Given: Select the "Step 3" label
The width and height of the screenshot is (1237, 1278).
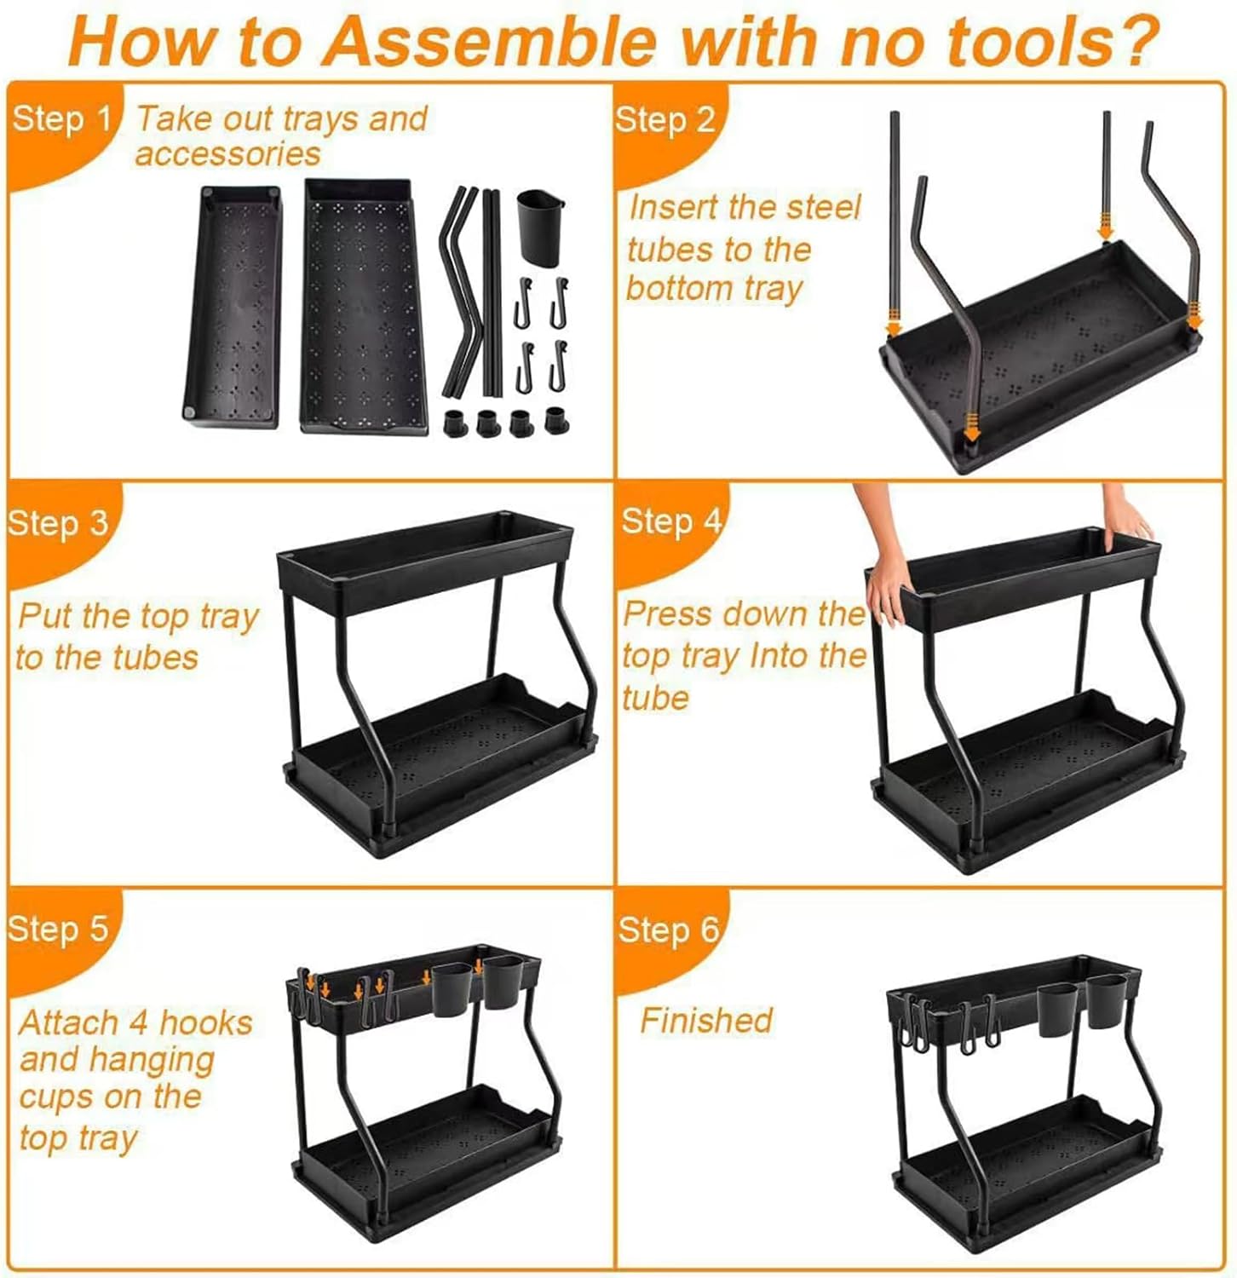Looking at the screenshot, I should click(x=58, y=522).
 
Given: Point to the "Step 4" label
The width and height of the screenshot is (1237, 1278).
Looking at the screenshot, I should click(x=671, y=521).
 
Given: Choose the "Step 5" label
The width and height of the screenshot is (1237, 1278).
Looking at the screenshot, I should click(x=58, y=928).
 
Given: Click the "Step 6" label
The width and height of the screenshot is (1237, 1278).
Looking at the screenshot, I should click(x=669, y=930).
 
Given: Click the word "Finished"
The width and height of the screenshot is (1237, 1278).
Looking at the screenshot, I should click(x=706, y=1020).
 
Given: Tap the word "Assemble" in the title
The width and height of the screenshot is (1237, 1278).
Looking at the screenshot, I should click(x=490, y=40).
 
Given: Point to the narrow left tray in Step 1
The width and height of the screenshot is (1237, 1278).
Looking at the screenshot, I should click(x=232, y=307).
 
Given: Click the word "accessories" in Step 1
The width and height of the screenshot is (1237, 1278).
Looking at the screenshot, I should click(x=227, y=154).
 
